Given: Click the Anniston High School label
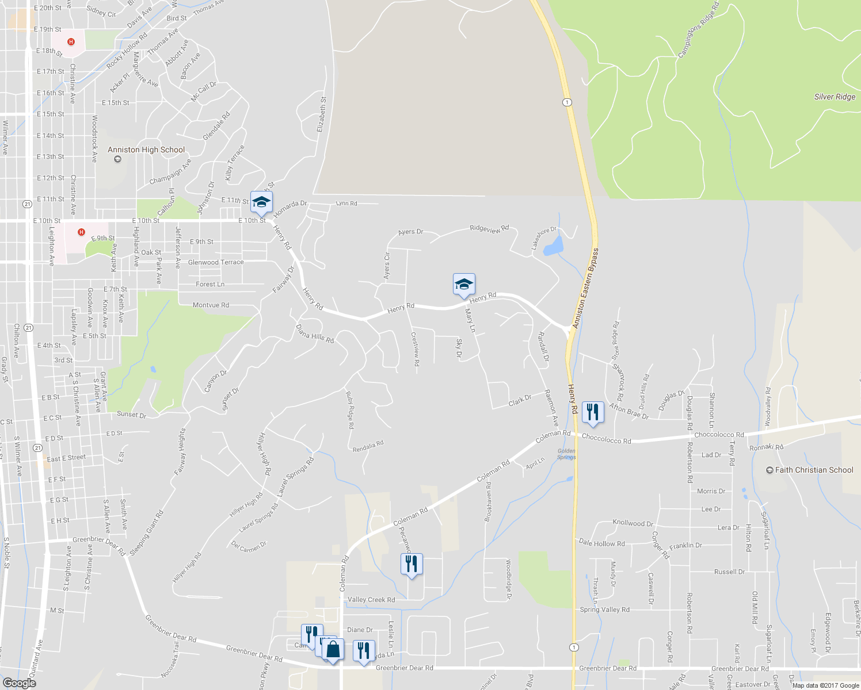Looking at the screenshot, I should [146, 150].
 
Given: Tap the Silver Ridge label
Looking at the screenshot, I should [835, 97].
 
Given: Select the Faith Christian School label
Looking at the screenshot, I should [814, 470].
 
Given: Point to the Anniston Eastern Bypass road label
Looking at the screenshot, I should [585, 289].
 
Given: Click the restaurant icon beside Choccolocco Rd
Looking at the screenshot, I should [593, 412].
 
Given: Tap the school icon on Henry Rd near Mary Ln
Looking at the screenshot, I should [464, 284].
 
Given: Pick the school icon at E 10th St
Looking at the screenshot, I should [261, 202].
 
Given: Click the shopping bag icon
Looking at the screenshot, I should [333, 650].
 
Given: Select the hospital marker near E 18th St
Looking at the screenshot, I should [71, 41].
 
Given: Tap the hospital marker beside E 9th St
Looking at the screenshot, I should [81, 232].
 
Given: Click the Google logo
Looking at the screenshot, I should [19, 683].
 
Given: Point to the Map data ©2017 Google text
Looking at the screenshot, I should [825, 685].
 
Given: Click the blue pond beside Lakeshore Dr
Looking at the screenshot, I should [553, 246].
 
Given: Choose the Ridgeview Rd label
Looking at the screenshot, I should [489, 228].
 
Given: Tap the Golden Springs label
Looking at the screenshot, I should [566, 454].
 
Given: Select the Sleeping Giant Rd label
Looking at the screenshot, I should [147, 533].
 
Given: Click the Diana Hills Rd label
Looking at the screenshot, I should [314, 333].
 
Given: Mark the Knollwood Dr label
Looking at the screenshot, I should [633, 523].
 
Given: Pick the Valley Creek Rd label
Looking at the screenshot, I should [371, 600].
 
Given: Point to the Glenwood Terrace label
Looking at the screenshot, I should [216, 262].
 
